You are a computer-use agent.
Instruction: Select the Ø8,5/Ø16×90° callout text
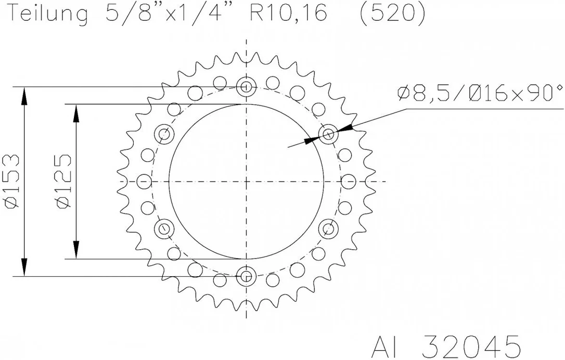click(480, 93)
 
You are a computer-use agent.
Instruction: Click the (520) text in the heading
click(392, 13)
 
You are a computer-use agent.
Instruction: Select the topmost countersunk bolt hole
click(246, 87)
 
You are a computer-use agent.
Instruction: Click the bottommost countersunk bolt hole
click(246, 276)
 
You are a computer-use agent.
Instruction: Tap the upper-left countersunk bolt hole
click(164, 134)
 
